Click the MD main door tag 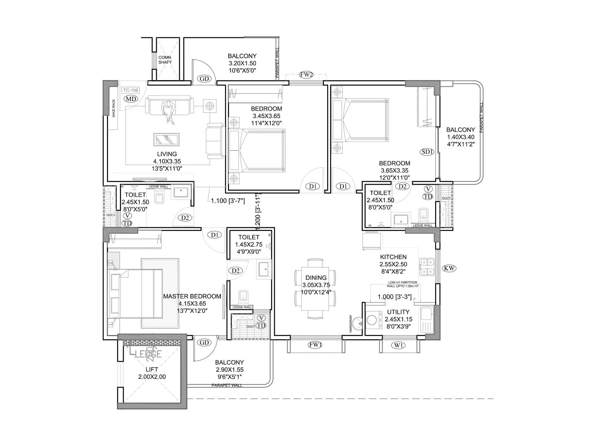coord(131,99)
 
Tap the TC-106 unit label coord(130,90)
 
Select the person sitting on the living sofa coord(168,111)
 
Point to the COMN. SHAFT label coord(165,60)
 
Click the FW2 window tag coord(306,75)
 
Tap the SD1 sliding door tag coord(427,152)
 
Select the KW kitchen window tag coord(449,268)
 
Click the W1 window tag coord(398,345)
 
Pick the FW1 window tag coord(315,345)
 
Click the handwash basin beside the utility coord(358,323)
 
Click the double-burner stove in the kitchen coord(427,267)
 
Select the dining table coord(315,289)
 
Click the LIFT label coord(152,370)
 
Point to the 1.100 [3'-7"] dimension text coord(228,201)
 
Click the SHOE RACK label coord(114,108)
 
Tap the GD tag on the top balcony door coord(204,79)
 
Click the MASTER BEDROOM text coord(192,296)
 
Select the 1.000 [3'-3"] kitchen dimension coord(394,297)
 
